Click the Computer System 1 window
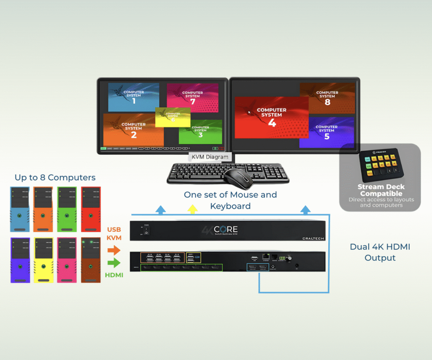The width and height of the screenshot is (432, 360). tap(133, 97)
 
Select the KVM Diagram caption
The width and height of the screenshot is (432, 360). tap(210, 157)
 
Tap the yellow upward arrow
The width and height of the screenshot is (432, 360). tap(192, 208)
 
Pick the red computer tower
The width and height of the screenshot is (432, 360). tap(91, 209)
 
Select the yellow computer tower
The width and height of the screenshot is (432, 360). tap(43, 260)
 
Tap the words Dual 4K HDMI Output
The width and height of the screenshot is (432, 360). tap(380, 252)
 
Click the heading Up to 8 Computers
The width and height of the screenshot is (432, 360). tap(55, 178)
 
